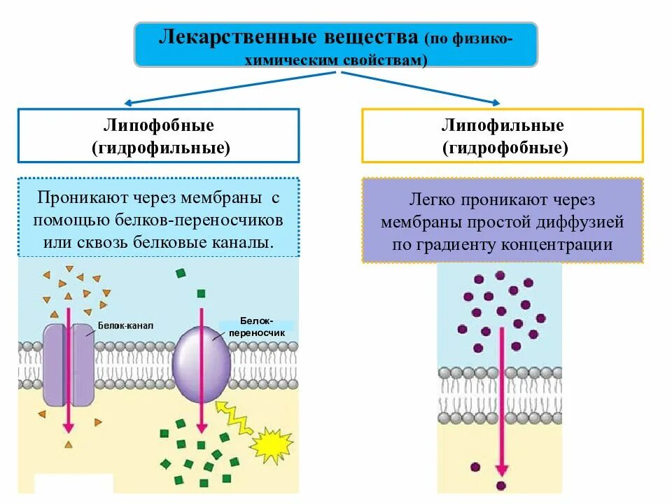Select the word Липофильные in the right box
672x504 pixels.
[503, 126]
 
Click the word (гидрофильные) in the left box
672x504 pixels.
[160, 148]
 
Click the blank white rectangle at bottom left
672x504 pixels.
[73, 484]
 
